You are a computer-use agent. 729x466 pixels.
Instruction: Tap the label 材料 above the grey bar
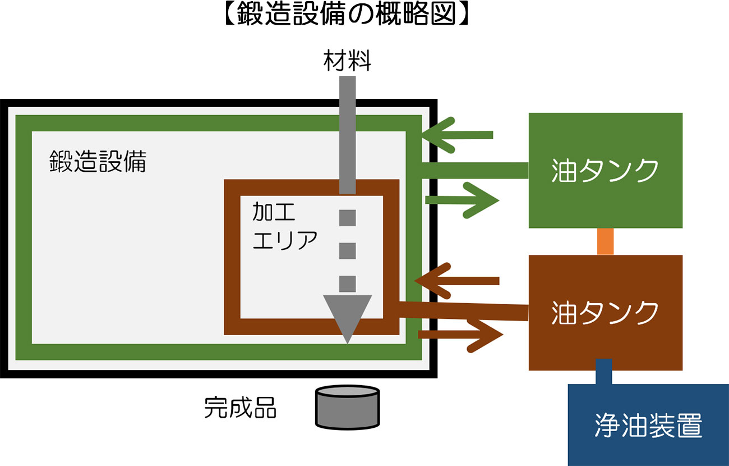pos(347,61)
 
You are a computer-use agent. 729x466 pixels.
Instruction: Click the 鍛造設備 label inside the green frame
pos(98,162)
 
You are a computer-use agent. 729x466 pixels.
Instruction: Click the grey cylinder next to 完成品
pos(348,405)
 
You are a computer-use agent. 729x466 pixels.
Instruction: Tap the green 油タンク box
pos(605,170)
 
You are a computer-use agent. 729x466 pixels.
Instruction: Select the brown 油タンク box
pos(605,312)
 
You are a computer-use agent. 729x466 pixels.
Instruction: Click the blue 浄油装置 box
pos(648,425)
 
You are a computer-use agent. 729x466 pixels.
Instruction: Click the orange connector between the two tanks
pos(605,241)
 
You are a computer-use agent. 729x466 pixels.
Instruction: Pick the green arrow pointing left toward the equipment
pos(457,135)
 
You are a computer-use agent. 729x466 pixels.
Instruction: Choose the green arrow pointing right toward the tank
pos(463,200)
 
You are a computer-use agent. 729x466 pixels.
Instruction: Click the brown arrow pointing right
pos(461,335)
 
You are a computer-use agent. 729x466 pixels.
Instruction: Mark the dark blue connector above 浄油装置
pos(604,371)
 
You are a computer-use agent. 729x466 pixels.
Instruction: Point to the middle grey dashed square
pos(348,249)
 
